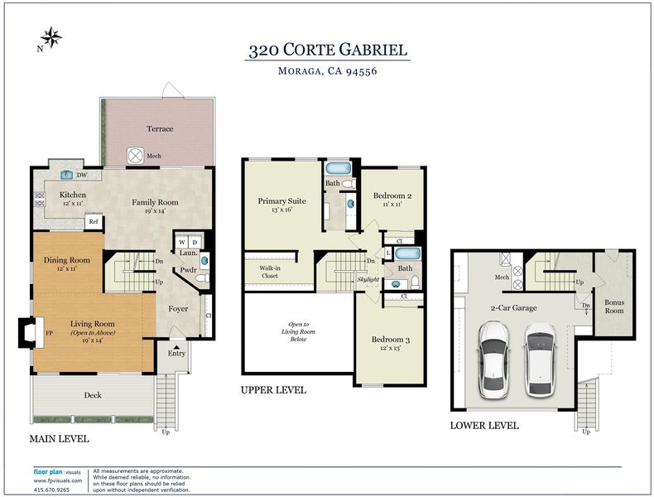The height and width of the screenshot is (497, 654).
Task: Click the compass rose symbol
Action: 51,37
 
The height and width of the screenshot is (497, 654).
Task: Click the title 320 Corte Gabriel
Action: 328,50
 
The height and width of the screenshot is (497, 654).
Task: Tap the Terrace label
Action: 160,128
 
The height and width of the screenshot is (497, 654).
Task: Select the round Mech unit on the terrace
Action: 135,156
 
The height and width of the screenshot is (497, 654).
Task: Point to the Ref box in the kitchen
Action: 94,222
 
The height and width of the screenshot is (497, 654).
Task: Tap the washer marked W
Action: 182,242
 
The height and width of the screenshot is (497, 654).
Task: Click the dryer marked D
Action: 195,242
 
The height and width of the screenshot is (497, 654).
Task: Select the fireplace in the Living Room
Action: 31,333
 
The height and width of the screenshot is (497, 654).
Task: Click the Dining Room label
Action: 67,260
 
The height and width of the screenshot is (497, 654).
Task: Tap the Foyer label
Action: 178,309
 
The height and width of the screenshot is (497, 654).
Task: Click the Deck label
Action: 93,395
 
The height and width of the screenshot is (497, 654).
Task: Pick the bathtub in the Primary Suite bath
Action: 339,169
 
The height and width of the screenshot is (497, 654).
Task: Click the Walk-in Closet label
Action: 270,272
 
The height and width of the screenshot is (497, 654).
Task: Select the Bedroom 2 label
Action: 392,195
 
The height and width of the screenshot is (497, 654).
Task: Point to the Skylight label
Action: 368,279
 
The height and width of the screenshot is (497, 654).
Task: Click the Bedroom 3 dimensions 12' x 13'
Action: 391,348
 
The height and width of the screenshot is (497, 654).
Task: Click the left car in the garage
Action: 493,359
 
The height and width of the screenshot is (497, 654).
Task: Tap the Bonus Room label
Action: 614,306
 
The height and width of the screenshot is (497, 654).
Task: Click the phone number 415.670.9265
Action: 51,490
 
